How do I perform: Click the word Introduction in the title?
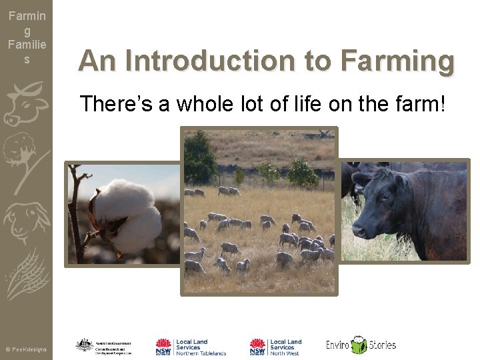coord(206,61)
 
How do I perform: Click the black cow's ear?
coord(402,181)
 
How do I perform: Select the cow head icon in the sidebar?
coord(25,104)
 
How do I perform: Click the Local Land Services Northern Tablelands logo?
coord(191,347)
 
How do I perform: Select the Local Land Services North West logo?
coord(275,347)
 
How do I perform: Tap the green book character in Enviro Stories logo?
coord(359,345)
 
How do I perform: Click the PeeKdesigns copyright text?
coord(26,349)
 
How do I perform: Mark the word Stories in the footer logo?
coord(382,345)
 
